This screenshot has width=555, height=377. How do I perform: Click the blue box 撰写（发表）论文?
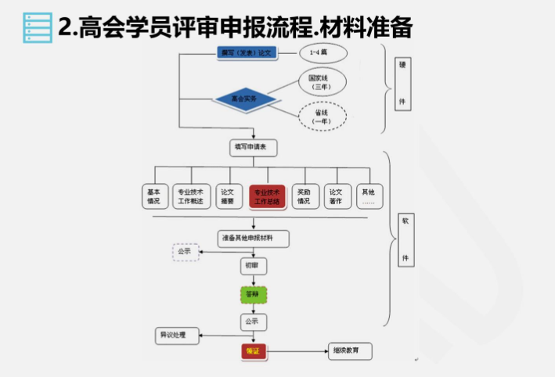tap(248, 53)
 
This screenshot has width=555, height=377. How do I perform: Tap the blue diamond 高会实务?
tap(248, 99)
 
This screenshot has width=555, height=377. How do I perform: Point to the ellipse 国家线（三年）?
tap(320, 82)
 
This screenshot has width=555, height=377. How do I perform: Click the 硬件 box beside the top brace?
tap(402, 88)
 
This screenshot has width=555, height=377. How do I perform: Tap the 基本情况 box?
tap(153, 196)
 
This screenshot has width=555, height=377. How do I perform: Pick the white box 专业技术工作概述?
tap(190, 196)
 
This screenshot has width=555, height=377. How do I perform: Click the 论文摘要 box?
tap(227, 196)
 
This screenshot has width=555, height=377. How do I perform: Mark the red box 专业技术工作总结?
tap(267, 196)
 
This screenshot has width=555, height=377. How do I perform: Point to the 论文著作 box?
tap(336, 196)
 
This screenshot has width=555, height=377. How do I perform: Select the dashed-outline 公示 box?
tap(185, 252)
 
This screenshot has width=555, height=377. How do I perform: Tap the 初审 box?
tap(251, 266)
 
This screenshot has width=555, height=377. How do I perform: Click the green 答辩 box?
tap(252, 295)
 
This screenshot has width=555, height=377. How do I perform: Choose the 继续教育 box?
tap(349, 352)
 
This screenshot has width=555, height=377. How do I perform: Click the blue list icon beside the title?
tap(35, 27)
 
